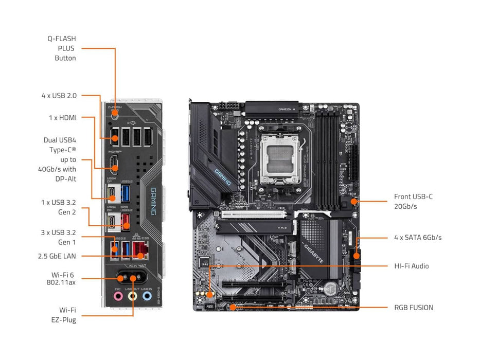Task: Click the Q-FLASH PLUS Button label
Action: coord(65,48)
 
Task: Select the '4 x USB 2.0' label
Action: coord(59,96)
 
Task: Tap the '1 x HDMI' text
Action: coord(63,118)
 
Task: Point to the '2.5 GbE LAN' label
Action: coord(57,256)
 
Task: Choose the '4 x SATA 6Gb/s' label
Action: coord(417,238)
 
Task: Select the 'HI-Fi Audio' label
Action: coord(411,266)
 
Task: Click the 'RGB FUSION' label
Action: coord(414,308)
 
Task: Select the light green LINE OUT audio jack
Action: coord(133,296)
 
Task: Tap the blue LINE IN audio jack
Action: coord(147,296)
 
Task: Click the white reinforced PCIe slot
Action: coord(254,214)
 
